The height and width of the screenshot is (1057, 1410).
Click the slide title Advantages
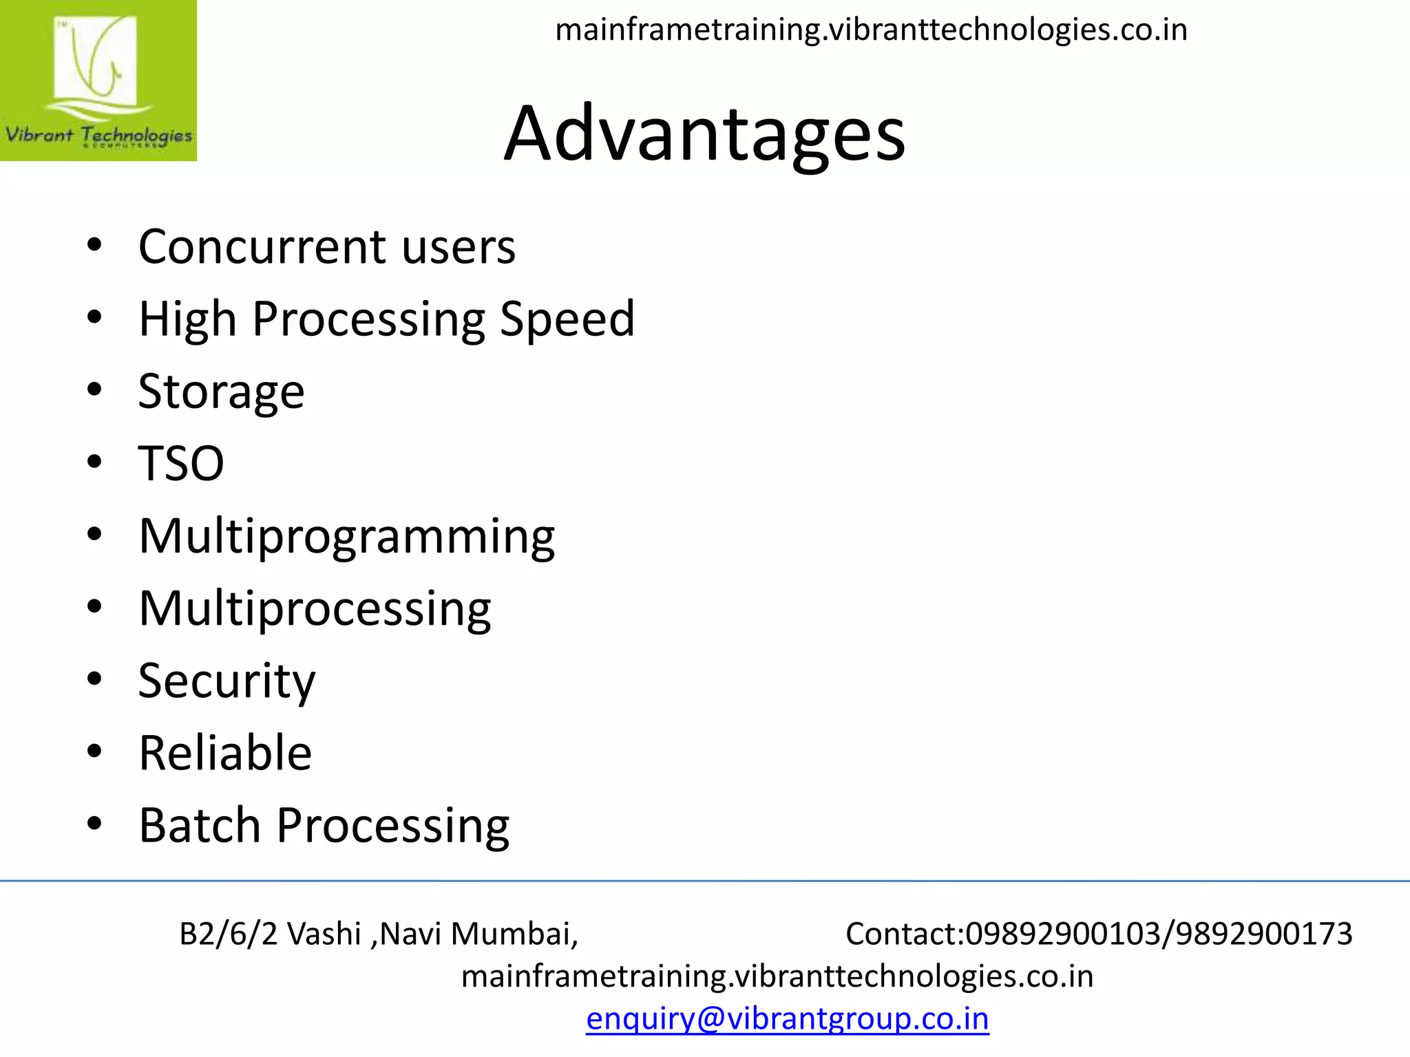[x=704, y=134]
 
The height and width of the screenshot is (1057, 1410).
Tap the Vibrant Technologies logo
[x=98, y=81]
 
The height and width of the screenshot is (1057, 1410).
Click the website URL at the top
[x=871, y=30]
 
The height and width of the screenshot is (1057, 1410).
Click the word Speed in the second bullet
[x=567, y=319]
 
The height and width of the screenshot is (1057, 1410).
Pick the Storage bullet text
[x=221, y=392]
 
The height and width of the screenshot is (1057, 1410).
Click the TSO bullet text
[x=181, y=463]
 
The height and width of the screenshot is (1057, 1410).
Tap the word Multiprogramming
[x=346, y=537]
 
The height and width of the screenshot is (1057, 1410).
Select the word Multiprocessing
[x=315, y=609]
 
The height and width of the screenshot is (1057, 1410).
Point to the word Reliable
[x=225, y=753]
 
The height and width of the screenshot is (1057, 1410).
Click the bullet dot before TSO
[x=94, y=462]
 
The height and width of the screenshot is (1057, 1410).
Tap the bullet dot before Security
[x=94, y=679]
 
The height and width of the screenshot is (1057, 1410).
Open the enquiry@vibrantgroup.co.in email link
[x=787, y=1018]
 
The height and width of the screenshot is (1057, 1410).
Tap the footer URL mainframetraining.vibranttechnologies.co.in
[x=777, y=976]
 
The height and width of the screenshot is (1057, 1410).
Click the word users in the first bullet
[x=459, y=247]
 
